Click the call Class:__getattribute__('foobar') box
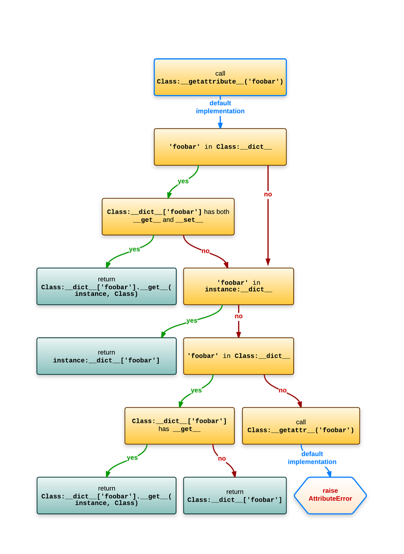click(220, 78)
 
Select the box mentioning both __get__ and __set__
click(168, 216)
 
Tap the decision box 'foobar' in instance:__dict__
click(239, 286)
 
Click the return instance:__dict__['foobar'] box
click(106, 356)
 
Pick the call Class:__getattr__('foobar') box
click(301, 426)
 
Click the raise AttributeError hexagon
click(330, 495)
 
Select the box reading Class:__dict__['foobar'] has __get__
click(179, 425)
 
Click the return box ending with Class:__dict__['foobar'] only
click(235, 496)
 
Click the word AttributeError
click(330, 499)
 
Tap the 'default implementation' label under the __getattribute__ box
click(220, 107)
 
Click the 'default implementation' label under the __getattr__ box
click(312, 458)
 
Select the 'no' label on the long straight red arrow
click(268, 194)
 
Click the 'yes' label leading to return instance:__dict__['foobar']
click(192, 321)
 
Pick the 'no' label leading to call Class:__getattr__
click(282, 390)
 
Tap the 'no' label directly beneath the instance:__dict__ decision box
click(239, 317)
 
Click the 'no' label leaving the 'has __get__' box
click(222, 458)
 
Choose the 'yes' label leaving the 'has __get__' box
click(132, 458)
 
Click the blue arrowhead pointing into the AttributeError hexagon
click(329, 474)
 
